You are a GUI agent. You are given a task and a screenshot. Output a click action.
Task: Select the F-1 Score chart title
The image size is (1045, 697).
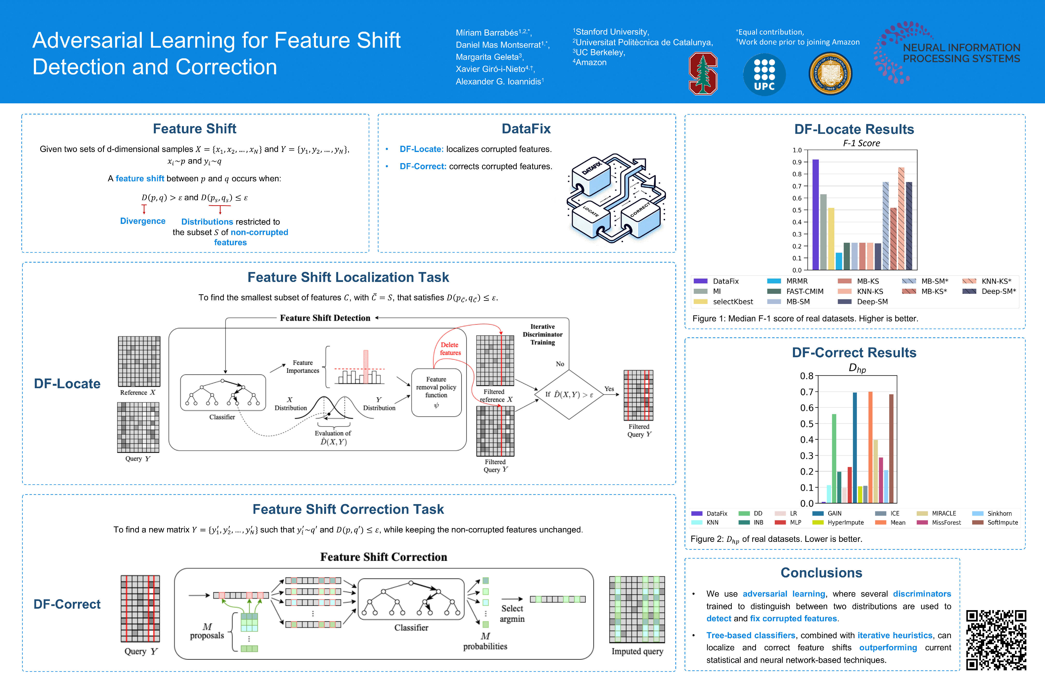[x=861, y=143]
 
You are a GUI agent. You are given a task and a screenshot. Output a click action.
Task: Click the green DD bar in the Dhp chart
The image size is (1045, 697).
[x=834, y=458]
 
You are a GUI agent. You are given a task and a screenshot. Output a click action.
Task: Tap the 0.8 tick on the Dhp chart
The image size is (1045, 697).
[x=806, y=376]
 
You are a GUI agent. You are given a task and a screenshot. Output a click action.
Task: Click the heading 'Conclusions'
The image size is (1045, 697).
[x=821, y=573]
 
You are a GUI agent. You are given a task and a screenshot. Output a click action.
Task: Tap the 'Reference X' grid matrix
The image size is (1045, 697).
[x=139, y=361]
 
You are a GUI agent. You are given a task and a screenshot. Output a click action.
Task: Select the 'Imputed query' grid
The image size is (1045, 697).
[x=637, y=609]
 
